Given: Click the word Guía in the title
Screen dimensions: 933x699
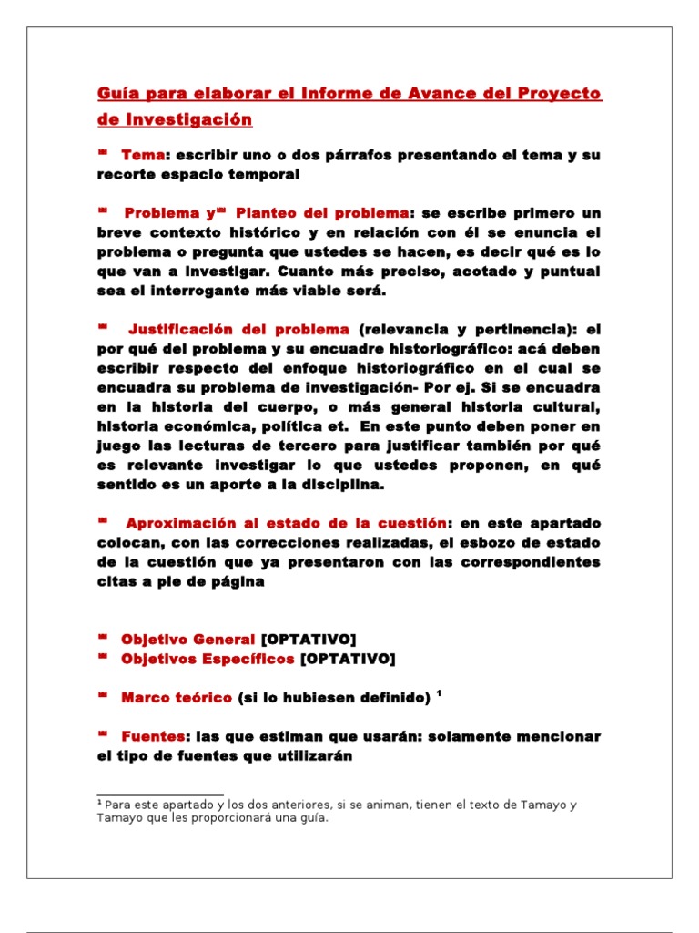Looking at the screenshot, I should point(116,95).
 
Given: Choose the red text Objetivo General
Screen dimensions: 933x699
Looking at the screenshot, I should point(187,638).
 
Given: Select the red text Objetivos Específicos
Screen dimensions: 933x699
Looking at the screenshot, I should point(208,658).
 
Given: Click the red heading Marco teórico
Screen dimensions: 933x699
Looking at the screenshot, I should point(177,697).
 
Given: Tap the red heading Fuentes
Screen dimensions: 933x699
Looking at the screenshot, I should point(154,735).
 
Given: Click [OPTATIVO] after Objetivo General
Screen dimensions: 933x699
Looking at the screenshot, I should point(309,638).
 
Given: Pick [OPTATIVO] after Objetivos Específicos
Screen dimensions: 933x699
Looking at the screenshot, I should point(348,658).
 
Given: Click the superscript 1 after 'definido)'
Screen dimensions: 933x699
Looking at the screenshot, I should point(439,693).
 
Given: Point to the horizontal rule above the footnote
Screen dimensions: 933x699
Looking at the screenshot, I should point(160,795).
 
